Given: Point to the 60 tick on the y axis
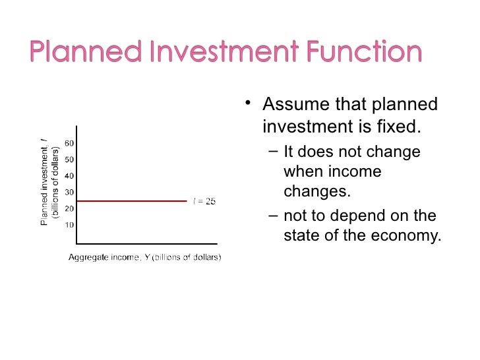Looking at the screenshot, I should tap(69, 143).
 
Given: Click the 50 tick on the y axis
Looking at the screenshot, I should tap(69, 160).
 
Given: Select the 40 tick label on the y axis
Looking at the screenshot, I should tap(69, 176).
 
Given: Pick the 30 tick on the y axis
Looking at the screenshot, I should tap(69, 193).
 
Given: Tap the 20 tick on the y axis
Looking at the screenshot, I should tap(69, 208).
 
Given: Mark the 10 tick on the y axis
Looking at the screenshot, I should tap(69, 225).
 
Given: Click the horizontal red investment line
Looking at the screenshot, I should tap(132, 201).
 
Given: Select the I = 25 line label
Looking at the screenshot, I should tap(204, 201).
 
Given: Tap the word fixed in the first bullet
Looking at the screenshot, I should tap(399, 125).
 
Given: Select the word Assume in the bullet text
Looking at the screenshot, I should tap(296, 104).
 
